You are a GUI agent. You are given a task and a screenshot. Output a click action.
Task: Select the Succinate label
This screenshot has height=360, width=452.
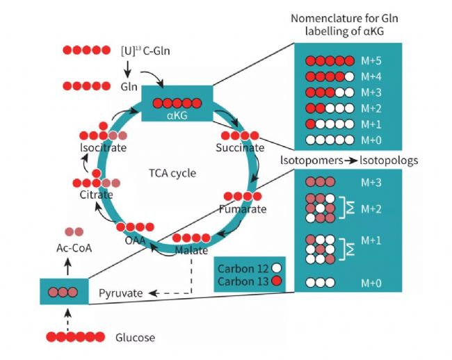tap(239, 148)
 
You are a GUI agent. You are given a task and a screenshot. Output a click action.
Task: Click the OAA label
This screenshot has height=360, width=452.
tap(135, 240)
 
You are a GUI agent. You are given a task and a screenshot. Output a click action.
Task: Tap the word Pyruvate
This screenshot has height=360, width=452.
tap(120, 293)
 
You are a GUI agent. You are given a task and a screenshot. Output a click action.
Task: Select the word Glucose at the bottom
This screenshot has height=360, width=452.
tap(135, 338)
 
